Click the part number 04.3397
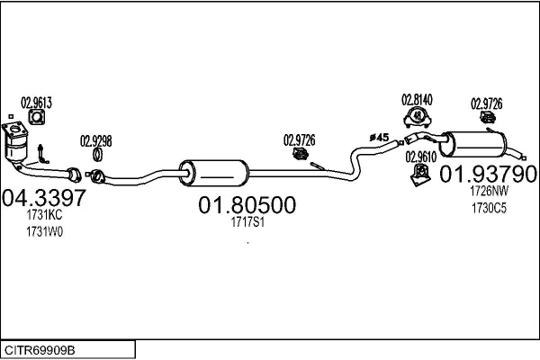click(44, 198)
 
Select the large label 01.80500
click(247, 205)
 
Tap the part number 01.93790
click(488, 174)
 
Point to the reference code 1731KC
click(44, 215)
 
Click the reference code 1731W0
click(44, 232)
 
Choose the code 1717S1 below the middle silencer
click(247, 222)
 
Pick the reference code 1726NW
click(489, 191)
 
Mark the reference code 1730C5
click(489, 208)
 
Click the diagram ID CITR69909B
click(40, 350)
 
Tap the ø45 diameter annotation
click(379, 138)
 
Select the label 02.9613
click(36, 103)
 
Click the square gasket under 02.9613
click(37, 117)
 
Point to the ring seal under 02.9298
click(97, 155)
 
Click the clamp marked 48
click(418, 117)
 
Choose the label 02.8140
click(417, 100)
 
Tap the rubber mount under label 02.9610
click(420, 175)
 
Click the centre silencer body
click(213, 174)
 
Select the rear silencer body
click(472, 144)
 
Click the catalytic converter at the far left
click(15, 143)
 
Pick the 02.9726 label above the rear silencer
click(486, 103)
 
